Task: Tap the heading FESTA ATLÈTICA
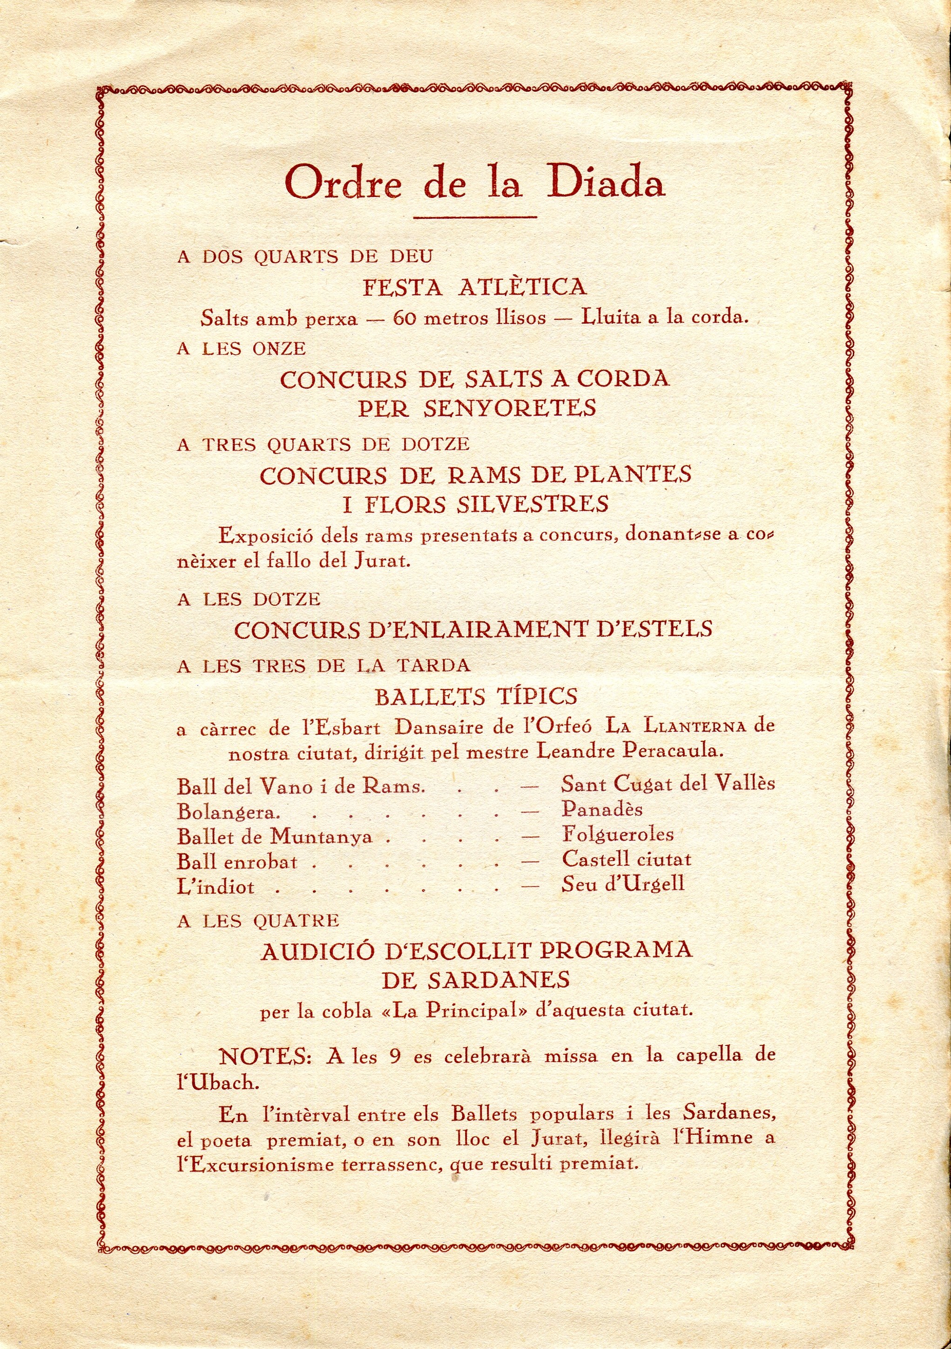475,287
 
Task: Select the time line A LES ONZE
242,348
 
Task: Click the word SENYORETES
510,408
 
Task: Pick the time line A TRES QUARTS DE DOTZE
323,444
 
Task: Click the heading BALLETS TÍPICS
476,697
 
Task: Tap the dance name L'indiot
216,886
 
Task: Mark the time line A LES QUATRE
258,920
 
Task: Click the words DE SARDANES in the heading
475,979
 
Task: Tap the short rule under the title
475,217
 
